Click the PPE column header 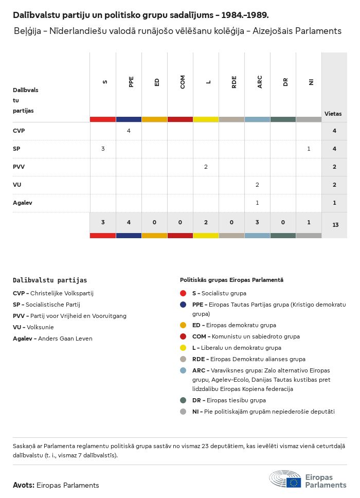[131, 82]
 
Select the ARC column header [260, 82]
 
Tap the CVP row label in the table [19, 131]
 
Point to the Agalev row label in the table [23, 203]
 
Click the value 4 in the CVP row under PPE [129, 131]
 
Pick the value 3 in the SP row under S [103, 149]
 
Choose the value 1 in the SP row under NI [309, 149]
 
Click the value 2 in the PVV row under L [206, 167]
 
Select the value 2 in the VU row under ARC [257, 185]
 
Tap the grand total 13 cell [335, 225]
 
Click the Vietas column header [333, 114]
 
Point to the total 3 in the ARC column [257, 222]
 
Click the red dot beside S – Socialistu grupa [184, 293]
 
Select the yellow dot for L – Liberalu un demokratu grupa [184, 348]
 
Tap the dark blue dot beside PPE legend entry [184, 305]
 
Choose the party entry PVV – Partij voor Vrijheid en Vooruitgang [69, 316]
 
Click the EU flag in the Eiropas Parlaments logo [294, 482]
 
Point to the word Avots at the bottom [23, 485]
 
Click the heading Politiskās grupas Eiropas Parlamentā [231, 280]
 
